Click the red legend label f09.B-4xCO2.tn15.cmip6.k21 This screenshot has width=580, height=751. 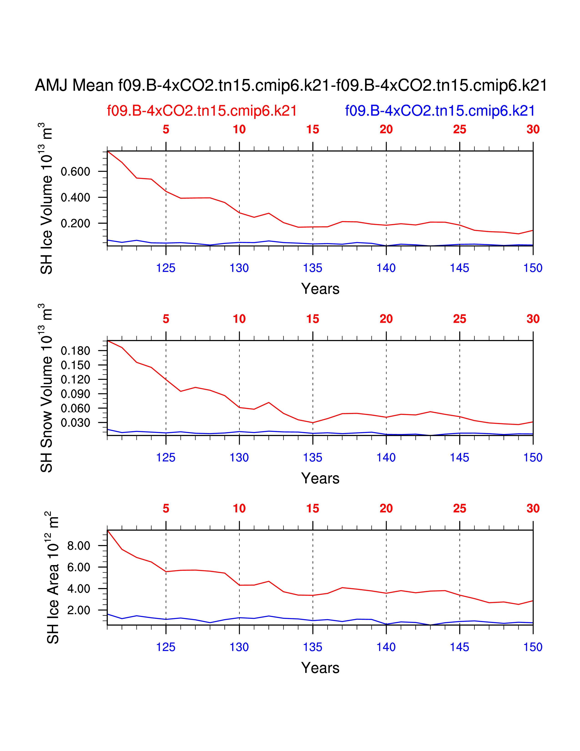(202, 111)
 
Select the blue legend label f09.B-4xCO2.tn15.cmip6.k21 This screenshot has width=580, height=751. (440, 111)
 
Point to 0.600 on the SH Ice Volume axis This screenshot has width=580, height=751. (75, 172)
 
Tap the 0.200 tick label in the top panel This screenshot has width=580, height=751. (75, 223)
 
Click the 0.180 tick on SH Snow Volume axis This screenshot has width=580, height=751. (75, 351)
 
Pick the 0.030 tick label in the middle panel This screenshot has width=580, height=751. (75, 423)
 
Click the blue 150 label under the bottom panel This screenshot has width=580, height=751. (533, 647)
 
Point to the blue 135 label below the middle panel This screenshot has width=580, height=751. (313, 458)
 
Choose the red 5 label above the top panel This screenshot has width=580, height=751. (166, 130)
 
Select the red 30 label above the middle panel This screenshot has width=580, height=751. (533, 319)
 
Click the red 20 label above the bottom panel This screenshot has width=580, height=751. (386, 509)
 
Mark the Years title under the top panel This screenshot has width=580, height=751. (320, 289)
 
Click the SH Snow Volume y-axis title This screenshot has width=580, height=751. (46, 388)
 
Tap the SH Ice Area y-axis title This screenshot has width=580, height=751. (53, 577)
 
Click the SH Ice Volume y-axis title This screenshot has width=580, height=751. (46, 198)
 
